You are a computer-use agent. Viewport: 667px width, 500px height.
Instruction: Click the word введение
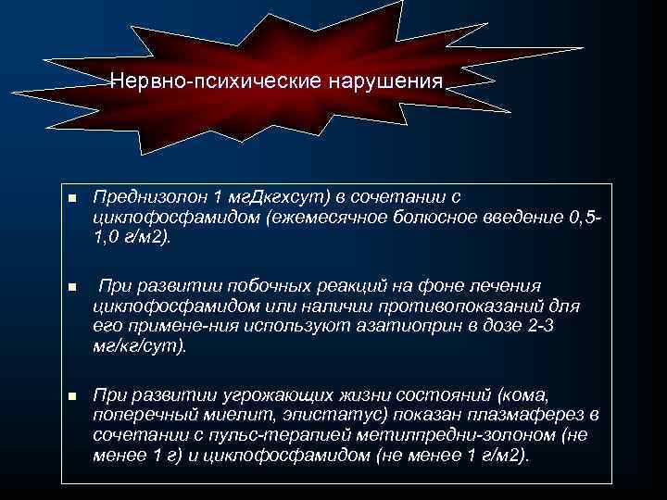524,218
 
